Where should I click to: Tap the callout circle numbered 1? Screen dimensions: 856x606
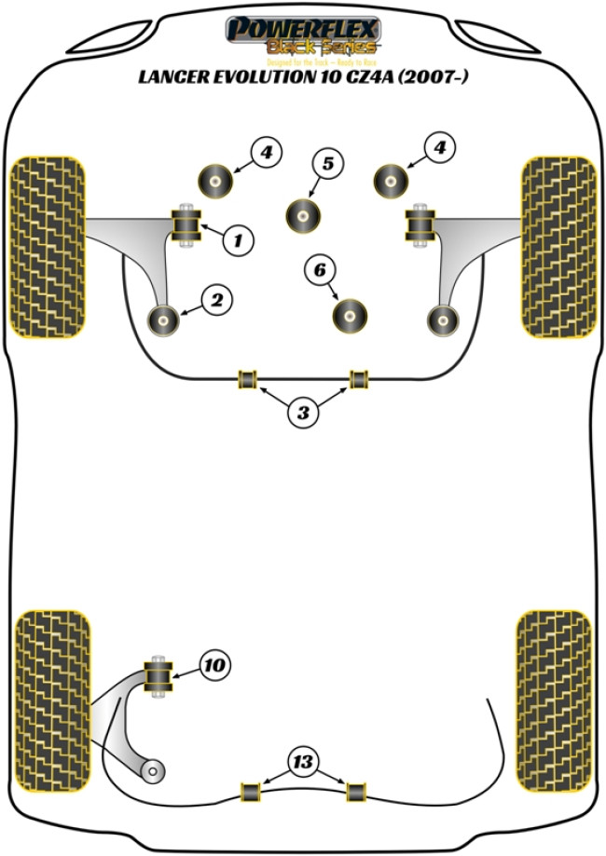tap(238, 241)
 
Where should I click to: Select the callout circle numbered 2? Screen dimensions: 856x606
tap(215, 300)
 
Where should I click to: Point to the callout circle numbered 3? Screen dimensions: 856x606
tap(302, 413)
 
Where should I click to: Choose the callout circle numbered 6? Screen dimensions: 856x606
tap(320, 271)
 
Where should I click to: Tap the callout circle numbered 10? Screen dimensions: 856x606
tap(213, 665)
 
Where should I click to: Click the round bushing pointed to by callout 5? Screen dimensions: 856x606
tap(303, 214)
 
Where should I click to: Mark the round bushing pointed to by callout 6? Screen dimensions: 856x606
tap(351, 315)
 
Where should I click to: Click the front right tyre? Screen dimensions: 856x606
tap(557, 246)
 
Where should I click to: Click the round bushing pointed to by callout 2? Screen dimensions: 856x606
tap(164, 319)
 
